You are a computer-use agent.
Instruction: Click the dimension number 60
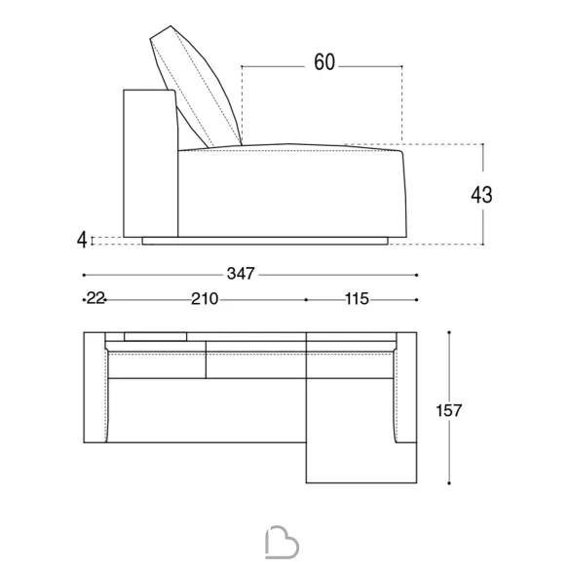[x=324, y=62]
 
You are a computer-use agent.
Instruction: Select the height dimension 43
[x=481, y=195]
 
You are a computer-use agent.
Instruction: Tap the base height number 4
[x=83, y=240]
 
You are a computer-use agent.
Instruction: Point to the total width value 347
[x=241, y=274]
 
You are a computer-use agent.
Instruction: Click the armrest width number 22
[x=95, y=299]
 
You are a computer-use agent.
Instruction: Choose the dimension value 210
[x=205, y=299]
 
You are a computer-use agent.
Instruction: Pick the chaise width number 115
[x=357, y=299]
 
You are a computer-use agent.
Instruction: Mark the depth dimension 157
[x=448, y=410]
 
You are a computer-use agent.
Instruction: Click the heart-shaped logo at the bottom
[x=282, y=542]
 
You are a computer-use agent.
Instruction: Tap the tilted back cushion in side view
[x=196, y=87]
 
